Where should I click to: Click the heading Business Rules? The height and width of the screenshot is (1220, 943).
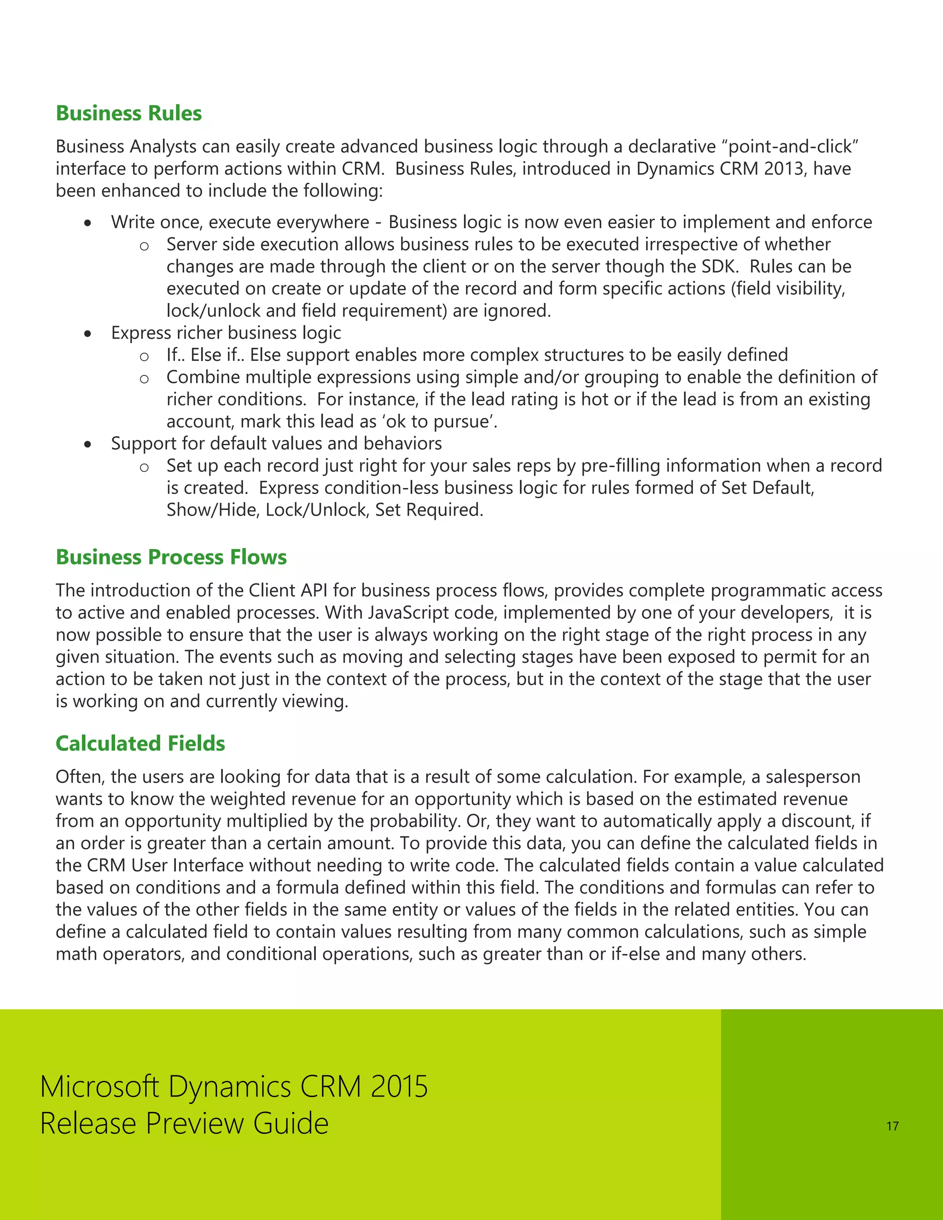coord(128,113)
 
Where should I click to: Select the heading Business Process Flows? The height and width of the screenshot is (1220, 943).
coord(171,557)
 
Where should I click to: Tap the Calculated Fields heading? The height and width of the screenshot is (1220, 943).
coord(140,744)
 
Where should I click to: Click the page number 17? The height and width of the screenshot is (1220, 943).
coord(892,1126)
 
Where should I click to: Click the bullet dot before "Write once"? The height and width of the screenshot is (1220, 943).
coord(87,223)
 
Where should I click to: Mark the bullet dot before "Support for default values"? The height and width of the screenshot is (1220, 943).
coord(87,445)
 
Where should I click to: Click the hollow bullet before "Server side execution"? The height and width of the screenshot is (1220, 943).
coord(144,246)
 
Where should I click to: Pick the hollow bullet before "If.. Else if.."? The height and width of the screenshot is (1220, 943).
coord(144,356)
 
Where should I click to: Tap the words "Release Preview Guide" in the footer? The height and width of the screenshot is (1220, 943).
coord(184,1123)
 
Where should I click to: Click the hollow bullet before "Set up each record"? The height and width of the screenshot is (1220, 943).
coord(144,467)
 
